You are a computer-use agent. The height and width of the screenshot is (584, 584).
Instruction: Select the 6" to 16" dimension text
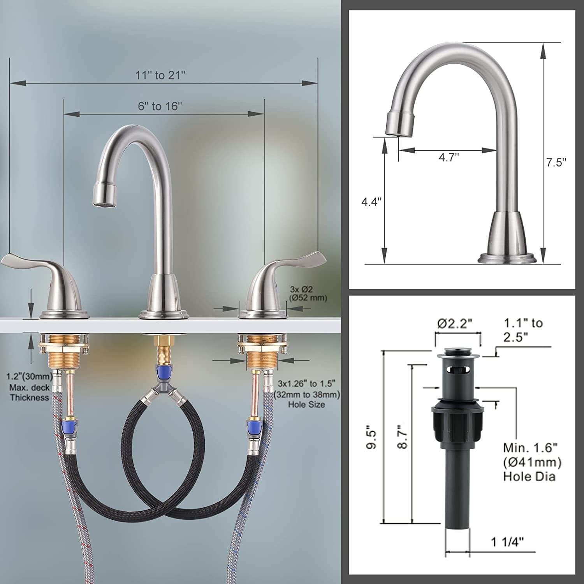pos(160,106)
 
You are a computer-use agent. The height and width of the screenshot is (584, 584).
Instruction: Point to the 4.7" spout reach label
pos(449,158)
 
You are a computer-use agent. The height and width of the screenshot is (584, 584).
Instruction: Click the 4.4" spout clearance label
pos(371,202)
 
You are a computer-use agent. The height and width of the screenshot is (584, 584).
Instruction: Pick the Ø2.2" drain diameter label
pos(455,323)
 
